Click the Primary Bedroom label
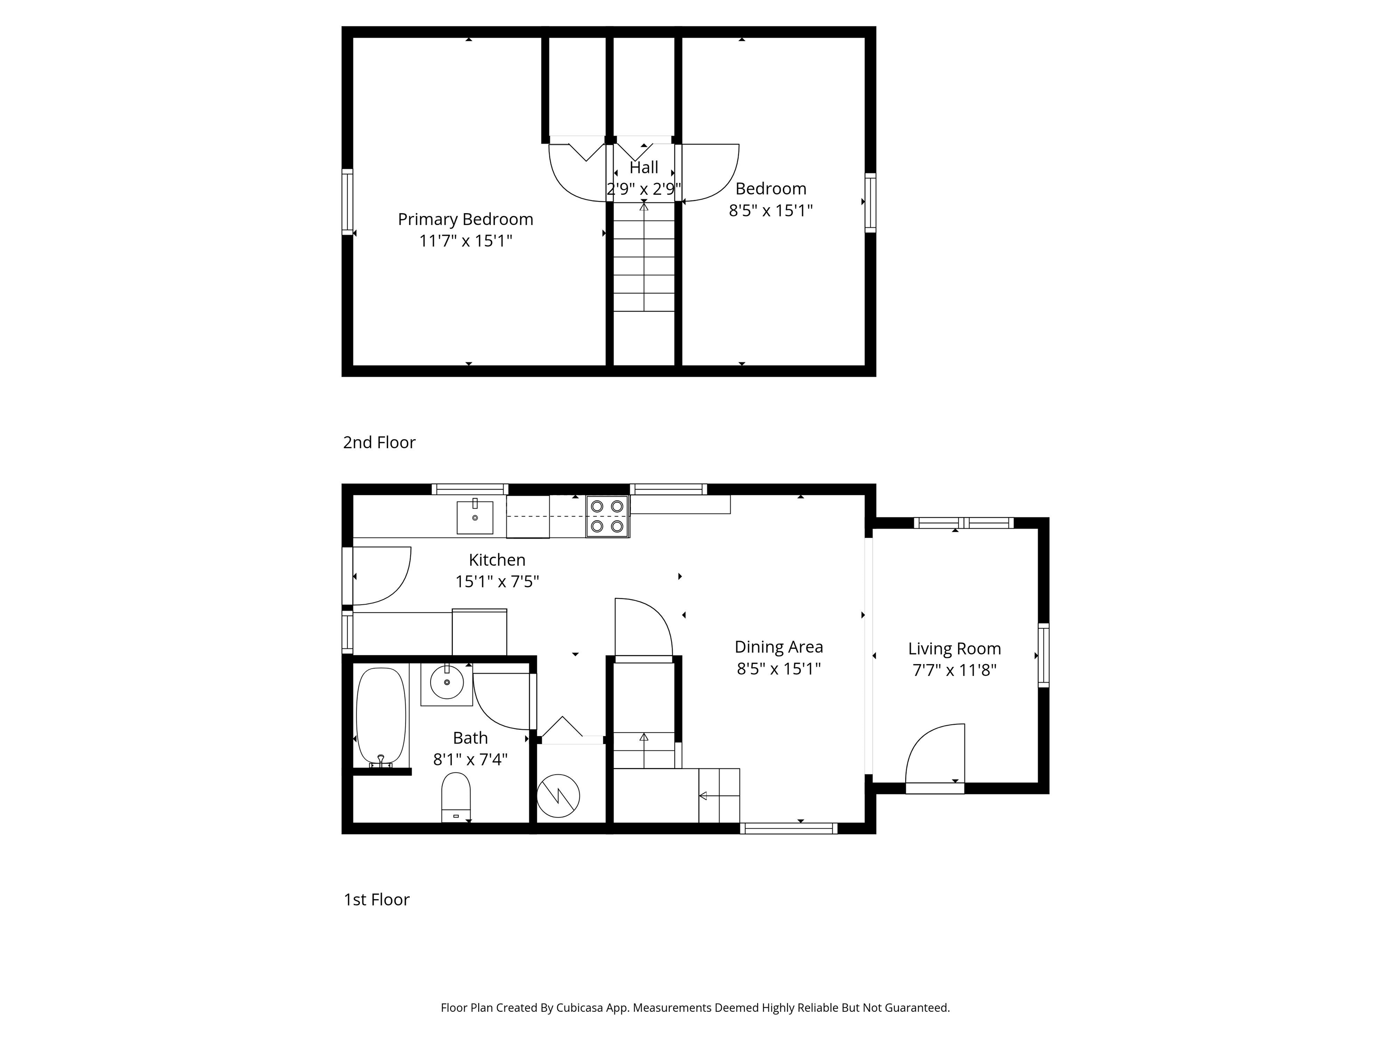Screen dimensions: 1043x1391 coord(465,220)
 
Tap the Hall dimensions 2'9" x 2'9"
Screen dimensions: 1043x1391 coord(643,189)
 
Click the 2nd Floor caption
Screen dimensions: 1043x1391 coord(379,443)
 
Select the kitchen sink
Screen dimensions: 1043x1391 coord(475,517)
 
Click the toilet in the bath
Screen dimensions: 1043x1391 coord(456,797)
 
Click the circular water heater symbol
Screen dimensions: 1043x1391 coord(558,796)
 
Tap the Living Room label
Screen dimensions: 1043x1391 coord(954,649)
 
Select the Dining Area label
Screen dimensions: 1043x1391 coord(778,647)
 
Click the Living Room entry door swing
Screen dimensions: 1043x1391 coord(934,755)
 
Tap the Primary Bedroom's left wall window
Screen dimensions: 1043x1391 coord(347,202)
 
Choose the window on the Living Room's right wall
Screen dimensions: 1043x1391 coord(1043,655)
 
